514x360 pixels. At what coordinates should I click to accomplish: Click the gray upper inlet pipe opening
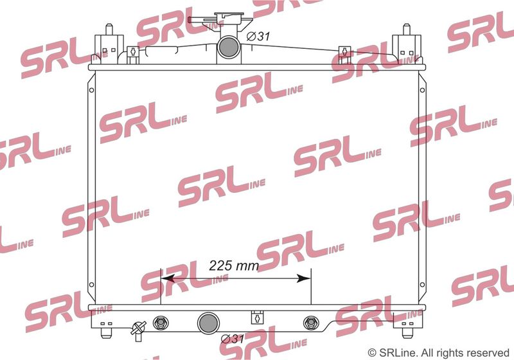coord(229,47)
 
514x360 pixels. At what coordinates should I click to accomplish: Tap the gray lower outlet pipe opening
coord(208,323)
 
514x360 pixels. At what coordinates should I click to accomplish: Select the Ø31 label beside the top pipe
coord(258,36)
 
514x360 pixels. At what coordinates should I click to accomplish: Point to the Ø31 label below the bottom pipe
coord(233,339)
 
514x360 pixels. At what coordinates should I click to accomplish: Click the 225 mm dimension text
coord(234,265)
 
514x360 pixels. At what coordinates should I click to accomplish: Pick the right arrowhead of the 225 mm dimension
coord(303,279)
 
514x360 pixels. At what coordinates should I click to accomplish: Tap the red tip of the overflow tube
coord(189,20)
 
